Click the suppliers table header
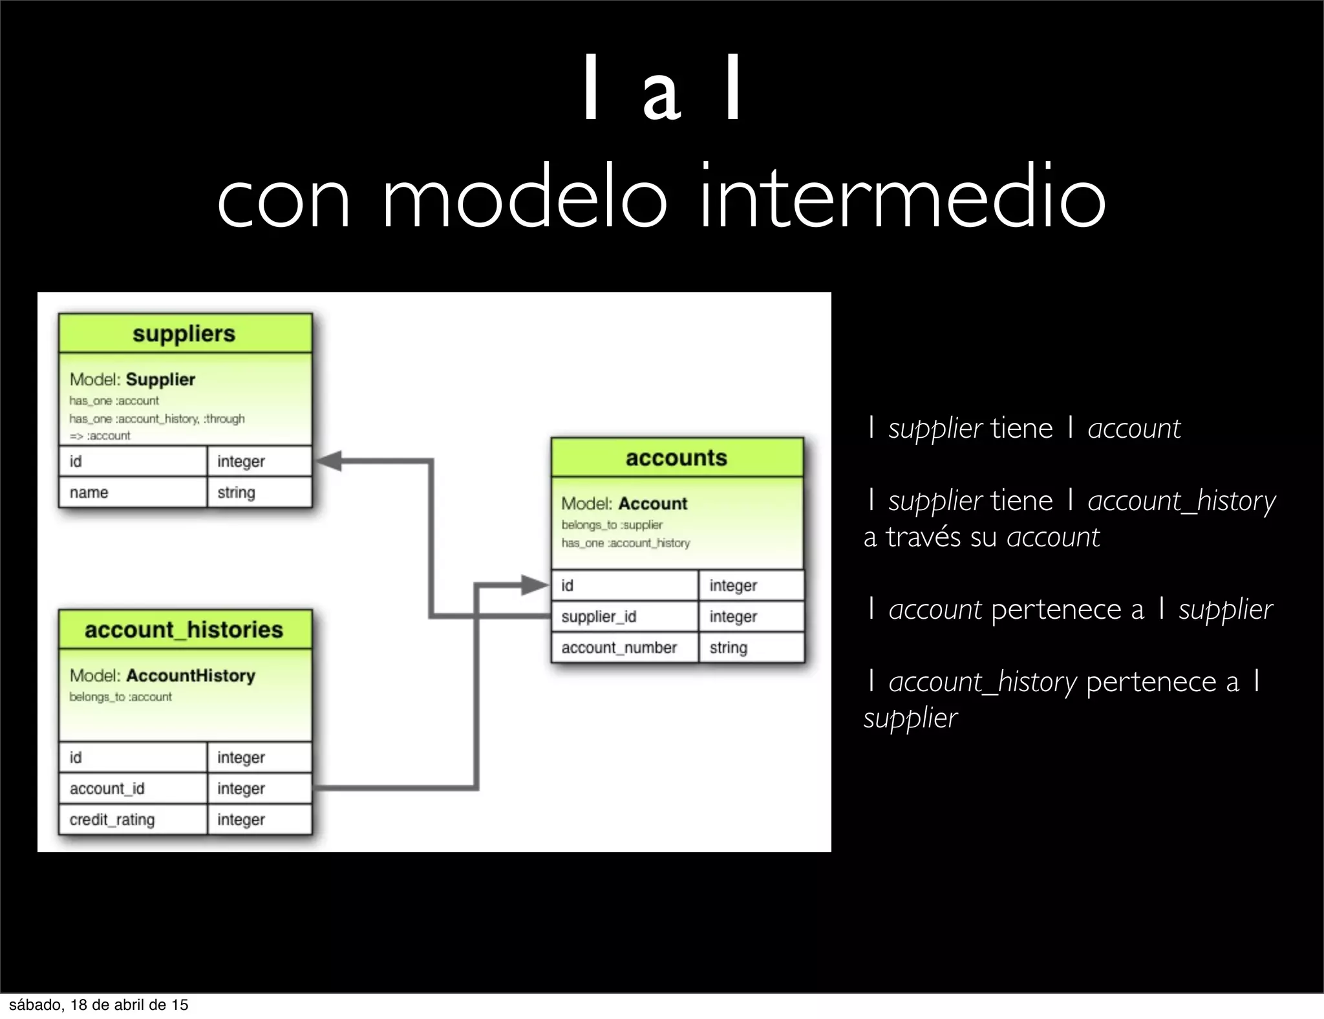click(x=184, y=334)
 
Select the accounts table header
click(x=676, y=458)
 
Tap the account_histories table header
click(x=184, y=630)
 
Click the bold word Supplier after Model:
click(x=160, y=380)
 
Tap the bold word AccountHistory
click(x=191, y=676)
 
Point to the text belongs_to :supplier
click(x=612, y=525)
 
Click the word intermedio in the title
click(x=902, y=198)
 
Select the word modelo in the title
click(x=524, y=198)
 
